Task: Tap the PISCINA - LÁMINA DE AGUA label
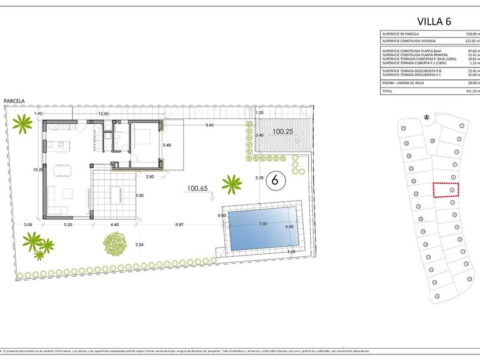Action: pos(403,82)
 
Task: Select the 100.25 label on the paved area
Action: pos(282,132)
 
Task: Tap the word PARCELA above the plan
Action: pos(14,101)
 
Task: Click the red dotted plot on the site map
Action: pos(446,189)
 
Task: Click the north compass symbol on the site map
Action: pos(426,117)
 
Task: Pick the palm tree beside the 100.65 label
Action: pos(231,184)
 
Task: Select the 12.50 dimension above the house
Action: pos(103,114)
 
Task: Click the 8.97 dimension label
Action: pos(180,224)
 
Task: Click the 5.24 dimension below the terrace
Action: pos(141,244)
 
